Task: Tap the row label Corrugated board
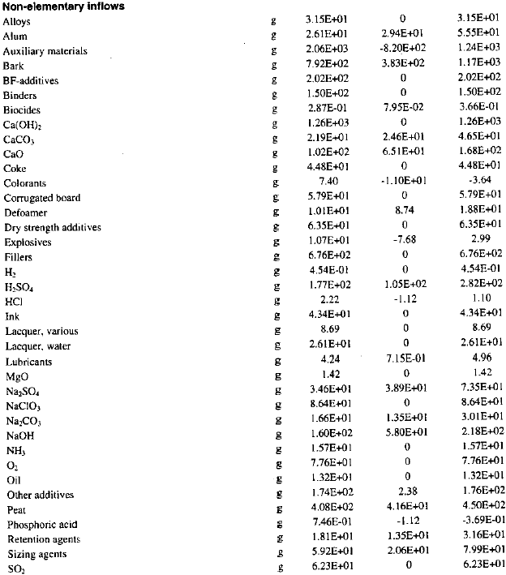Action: (x=42, y=198)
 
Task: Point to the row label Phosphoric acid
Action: (x=40, y=525)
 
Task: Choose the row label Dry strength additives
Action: (x=53, y=227)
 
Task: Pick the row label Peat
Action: (x=17, y=510)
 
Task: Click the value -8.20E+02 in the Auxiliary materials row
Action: (x=403, y=51)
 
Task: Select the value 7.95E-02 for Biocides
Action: (x=403, y=109)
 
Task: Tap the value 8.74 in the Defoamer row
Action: (x=403, y=212)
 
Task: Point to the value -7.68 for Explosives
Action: (x=403, y=242)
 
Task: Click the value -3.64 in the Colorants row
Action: (x=481, y=183)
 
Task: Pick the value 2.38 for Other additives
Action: (x=403, y=495)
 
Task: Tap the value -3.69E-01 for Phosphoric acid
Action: (x=481, y=525)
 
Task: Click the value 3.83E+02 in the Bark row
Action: (x=403, y=66)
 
